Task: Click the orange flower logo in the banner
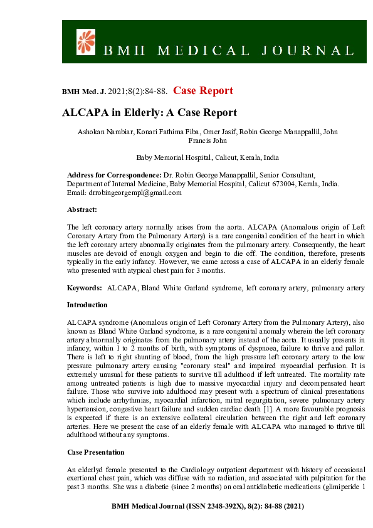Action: point(85,41)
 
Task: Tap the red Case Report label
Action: point(203,91)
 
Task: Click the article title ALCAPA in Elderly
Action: point(149,114)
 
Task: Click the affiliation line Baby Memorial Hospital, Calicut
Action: point(208,157)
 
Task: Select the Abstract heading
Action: point(82,210)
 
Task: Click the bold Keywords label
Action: point(85,287)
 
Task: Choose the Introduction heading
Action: point(87,305)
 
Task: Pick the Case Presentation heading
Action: point(95,451)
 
